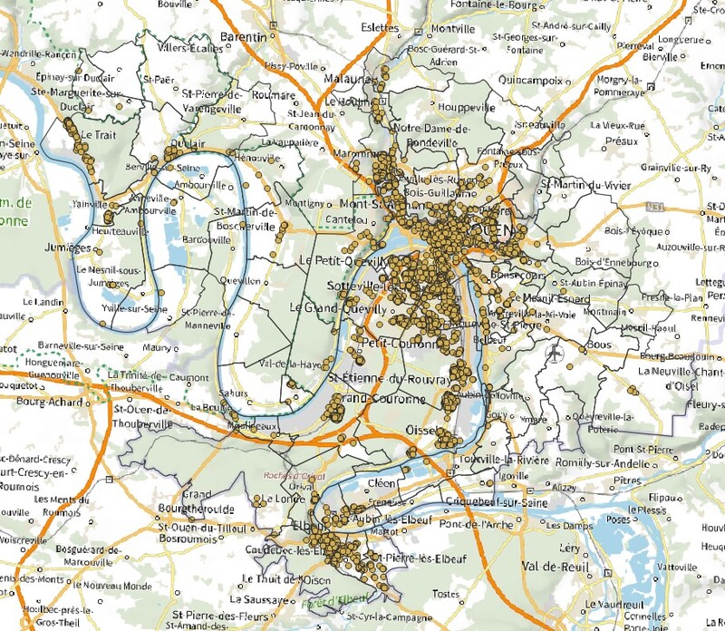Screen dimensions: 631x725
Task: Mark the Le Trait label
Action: [98, 133]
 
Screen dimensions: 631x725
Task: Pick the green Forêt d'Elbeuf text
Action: [324, 597]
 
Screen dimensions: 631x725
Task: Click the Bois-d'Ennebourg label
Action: [621, 262]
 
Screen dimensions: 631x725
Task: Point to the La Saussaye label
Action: [261, 599]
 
